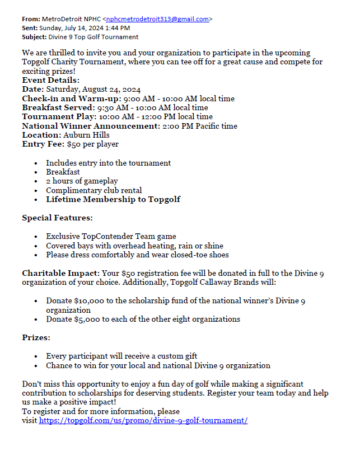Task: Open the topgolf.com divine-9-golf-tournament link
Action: coord(143,420)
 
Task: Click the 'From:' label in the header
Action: coord(31,19)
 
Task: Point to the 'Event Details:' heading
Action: coord(51,80)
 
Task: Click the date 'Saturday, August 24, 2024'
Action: coord(93,90)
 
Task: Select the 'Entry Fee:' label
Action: coord(43,144)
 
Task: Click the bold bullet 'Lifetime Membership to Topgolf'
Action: coord(113,199)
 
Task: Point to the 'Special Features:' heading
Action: coord(57,218)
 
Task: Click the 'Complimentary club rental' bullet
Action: coord(93,190)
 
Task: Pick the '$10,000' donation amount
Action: coord(88,301)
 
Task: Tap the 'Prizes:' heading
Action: coord(36,338)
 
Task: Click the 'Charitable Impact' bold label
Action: coord(60,273)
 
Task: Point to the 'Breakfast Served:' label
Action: coord(58,107)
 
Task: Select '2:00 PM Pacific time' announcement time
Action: coord(199,126)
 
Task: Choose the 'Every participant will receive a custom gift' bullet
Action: coord(121,356)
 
